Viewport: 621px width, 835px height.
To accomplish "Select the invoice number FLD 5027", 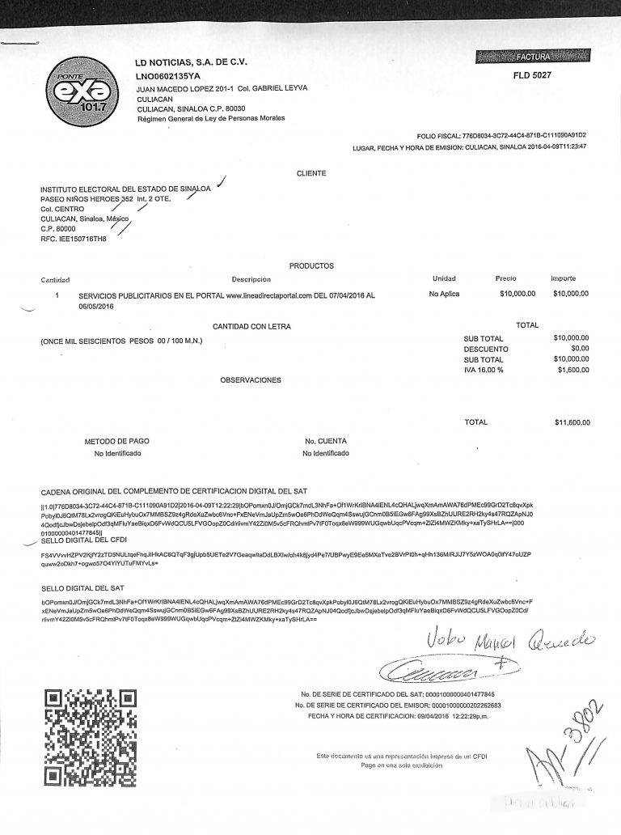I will coord(532,74).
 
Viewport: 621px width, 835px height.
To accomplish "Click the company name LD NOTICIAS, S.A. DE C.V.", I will coord(191,62).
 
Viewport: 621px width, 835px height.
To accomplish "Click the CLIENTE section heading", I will coord(311,173).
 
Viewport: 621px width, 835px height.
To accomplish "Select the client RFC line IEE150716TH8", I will coord(74,239).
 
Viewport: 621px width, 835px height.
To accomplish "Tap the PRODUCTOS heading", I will coord(311,265).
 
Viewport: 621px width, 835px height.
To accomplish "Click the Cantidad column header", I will coord(57,279).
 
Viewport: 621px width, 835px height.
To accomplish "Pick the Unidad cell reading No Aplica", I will coord(444,294).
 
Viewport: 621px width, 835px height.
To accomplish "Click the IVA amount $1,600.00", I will coord(572,370).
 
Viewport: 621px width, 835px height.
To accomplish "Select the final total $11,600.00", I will coord(571,422).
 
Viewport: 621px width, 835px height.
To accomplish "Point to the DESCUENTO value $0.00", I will coord(580,349).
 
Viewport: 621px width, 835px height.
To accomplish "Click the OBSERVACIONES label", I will coord(251,379).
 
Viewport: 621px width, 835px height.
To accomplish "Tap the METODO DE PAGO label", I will coord(117,441).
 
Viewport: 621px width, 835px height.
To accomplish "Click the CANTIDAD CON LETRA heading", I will coord(251,326).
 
